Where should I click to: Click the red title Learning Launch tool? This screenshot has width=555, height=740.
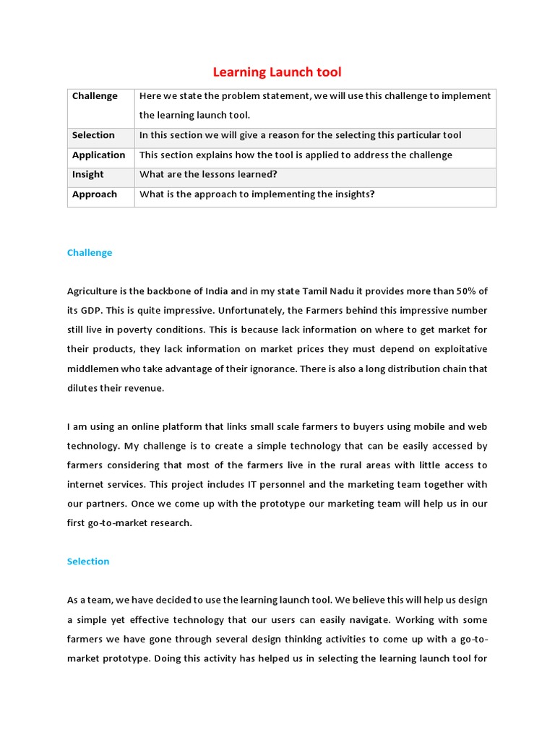tap(277, 72)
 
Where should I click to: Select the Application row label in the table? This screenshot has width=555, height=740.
tap(98, 155)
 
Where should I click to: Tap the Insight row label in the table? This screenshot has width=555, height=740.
tap(87, 174)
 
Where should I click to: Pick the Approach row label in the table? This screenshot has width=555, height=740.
tap(94, 194)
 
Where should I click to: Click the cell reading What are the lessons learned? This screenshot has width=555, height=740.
tap(208, 174)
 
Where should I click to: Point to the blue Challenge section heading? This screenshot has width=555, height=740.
tap(90, 252)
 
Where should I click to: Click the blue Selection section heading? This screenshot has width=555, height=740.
tap(88, 561)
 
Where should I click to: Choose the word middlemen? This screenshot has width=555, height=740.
tap(94, 369)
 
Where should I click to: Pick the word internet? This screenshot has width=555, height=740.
tap(86, 484)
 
